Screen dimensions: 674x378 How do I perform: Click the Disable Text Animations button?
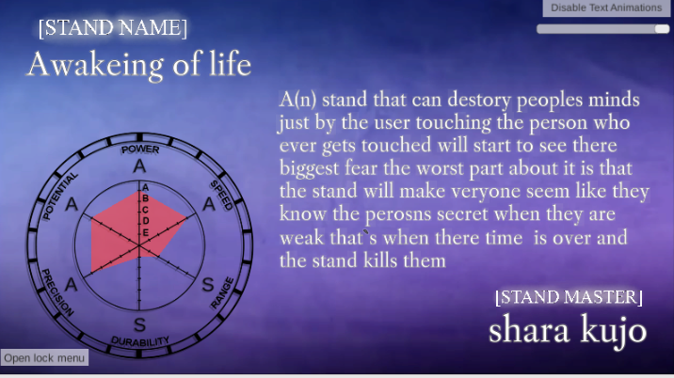(x=606, y=8)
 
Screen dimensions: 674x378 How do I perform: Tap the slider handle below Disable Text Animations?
(x=662, y=29)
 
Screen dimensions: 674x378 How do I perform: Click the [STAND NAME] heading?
(x=113, y=28)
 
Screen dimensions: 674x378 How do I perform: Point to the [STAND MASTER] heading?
(x=569, y=297)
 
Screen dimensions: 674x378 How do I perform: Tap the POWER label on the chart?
(x=140, y=150)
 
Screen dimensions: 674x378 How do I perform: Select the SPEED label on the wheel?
(x=221, y=195)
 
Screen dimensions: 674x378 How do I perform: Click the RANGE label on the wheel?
(x=223, y=293)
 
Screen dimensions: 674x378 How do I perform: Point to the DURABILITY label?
(x=140, y=341)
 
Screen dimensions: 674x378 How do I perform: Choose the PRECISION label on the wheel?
(x=57, y=292)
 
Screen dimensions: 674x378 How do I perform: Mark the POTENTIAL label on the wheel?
(x=60, y=196)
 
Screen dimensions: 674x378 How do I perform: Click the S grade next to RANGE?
(x=208, y=284)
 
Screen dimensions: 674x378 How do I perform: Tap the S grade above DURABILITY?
(x=139, y=324)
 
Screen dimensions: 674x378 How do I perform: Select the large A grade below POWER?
(x=139, y=165)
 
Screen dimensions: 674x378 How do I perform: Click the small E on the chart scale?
(x=145, y=232)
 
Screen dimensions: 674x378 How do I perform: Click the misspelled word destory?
(x=479, y=100)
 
